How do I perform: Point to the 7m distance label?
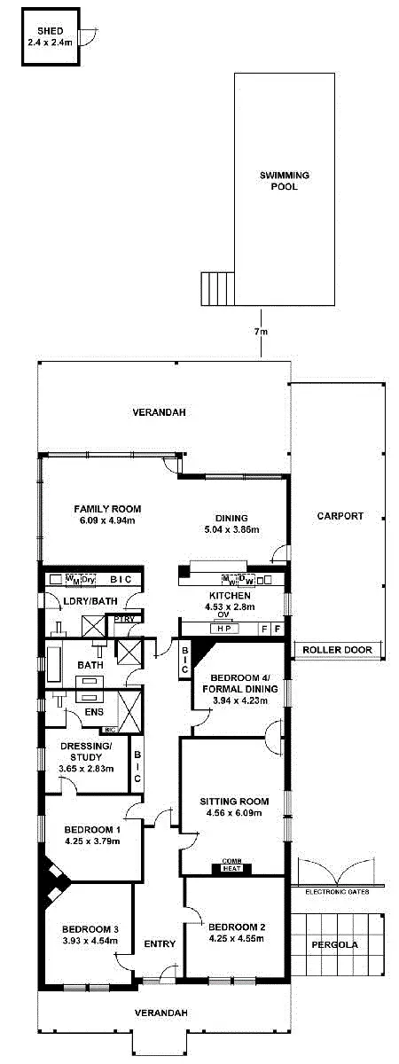pyautogui.click(x=261, y=331)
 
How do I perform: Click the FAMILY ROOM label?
pyautogui.click(x=107, y=509)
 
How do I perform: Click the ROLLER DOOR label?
pyautogui.click(x=340, y=650)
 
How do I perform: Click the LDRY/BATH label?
pyautogui.click(x=86, y=601)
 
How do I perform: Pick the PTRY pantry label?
pyautogui.click(x=123, y=618)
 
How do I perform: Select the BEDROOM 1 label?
pyautogui.click(x=91, y=831)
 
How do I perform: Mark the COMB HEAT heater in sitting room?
pyautogui.click(x=232, y=867)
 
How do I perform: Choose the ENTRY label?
pyautogui.click(x=160, y=944)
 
